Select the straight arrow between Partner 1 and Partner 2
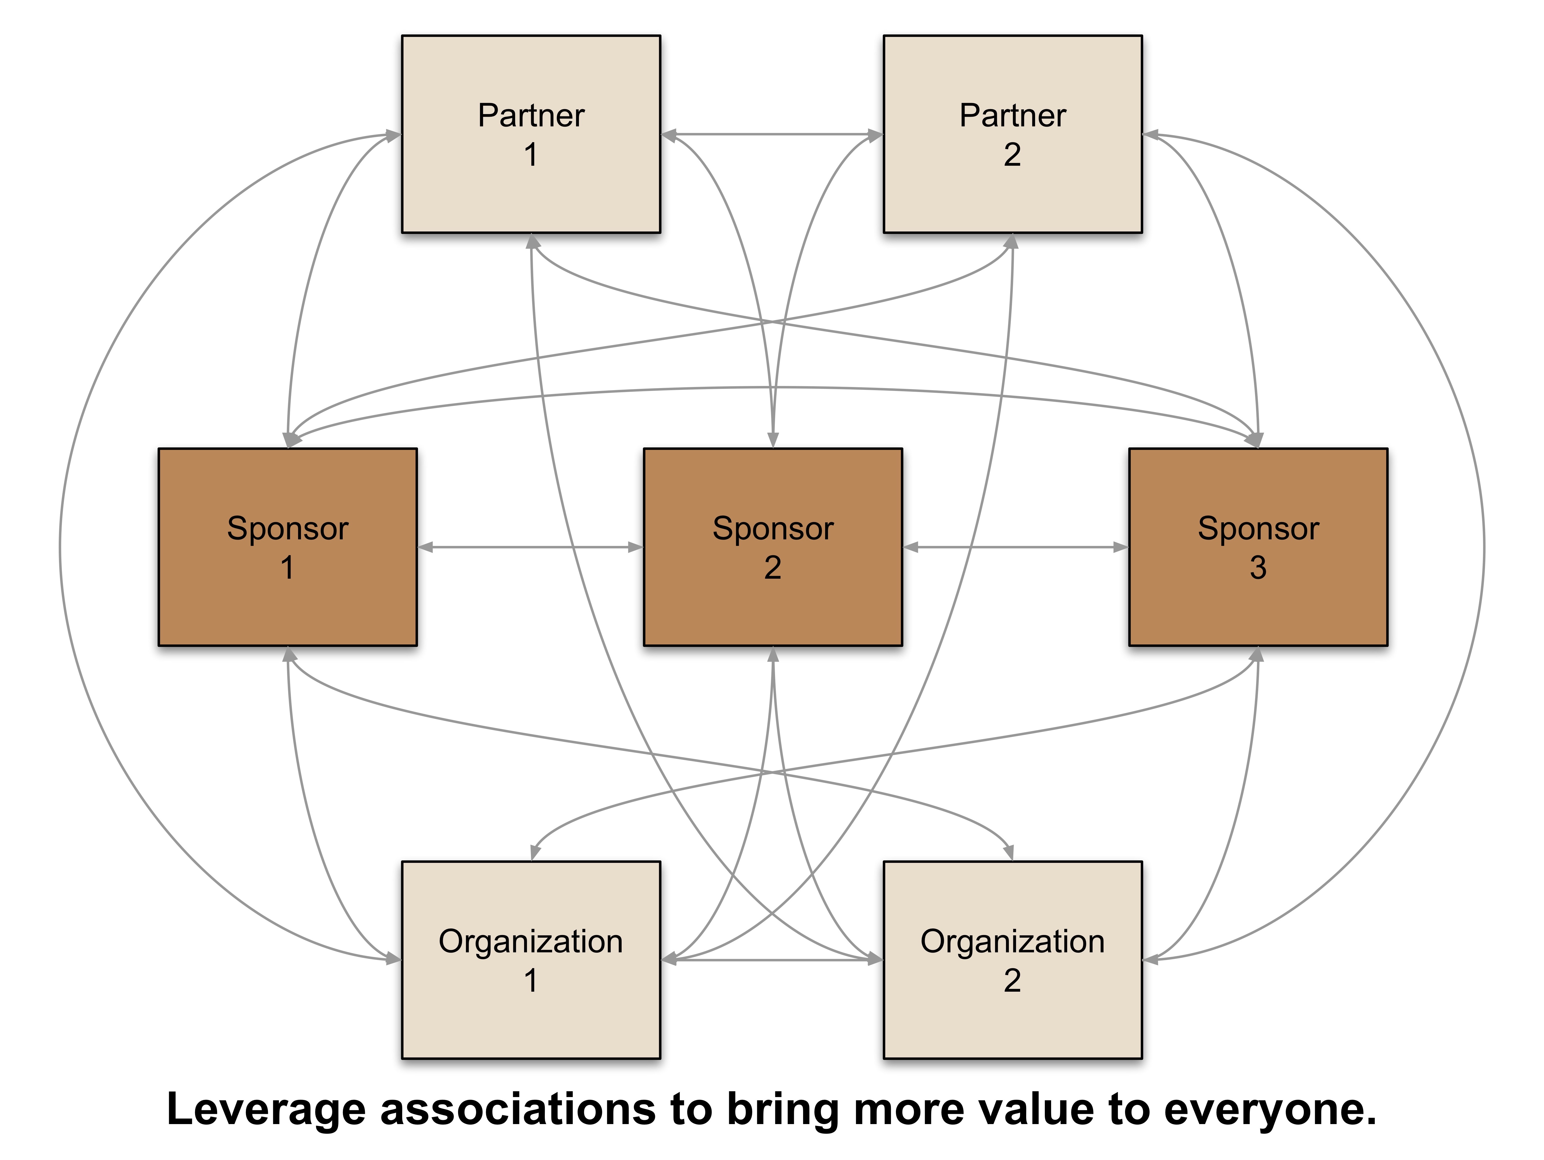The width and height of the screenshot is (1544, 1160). pyautogui.click(x=771, y=134)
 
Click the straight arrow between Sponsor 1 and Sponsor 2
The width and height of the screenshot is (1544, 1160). pyautogui.click(x=530, y=547)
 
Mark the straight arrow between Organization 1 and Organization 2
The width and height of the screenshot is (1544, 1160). pyautogui.click(x=771, y=960)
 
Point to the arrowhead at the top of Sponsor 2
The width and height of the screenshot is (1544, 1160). pyautogui.click(x=773, y=440)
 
